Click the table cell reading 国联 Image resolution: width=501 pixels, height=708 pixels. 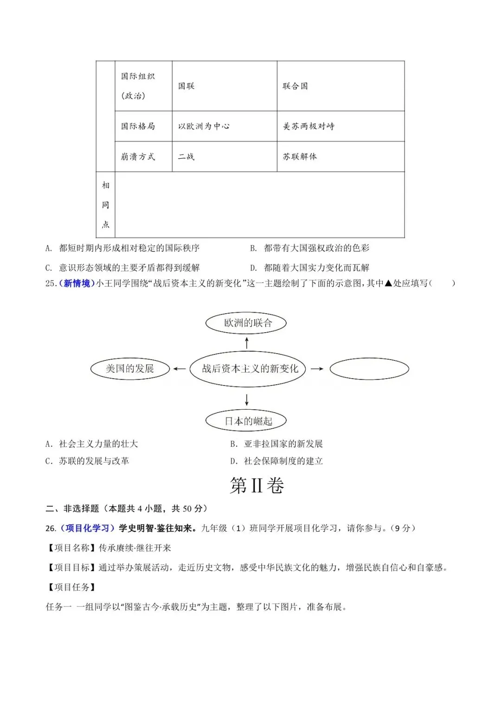coord(186,86)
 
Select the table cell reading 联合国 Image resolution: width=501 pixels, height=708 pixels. coord(295,86)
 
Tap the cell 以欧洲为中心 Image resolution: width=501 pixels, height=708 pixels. coord(204,126)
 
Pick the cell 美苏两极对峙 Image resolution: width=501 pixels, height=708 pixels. coord(308,126)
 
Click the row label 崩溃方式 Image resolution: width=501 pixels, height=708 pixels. coord(138,157)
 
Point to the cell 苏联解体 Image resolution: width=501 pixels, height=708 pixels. coord(300,157)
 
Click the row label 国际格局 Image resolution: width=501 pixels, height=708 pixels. coord(138,126)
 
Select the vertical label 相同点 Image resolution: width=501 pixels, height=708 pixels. coord(106,205)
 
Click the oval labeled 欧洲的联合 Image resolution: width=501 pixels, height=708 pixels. coord(246,323)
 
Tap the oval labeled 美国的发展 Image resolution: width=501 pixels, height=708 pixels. coord(130,368)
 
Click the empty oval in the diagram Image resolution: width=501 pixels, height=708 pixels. coord(369,369)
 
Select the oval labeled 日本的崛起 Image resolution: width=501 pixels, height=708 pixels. coord(246,421)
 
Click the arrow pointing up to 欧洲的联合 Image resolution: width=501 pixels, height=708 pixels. coord(247,343)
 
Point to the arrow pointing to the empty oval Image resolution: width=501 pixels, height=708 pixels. coord(317,369)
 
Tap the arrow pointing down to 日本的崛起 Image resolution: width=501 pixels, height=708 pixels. coord(247,399)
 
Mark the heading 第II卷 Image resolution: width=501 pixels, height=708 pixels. coord(257,486)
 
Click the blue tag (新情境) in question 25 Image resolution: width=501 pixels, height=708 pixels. coord(77,283)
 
